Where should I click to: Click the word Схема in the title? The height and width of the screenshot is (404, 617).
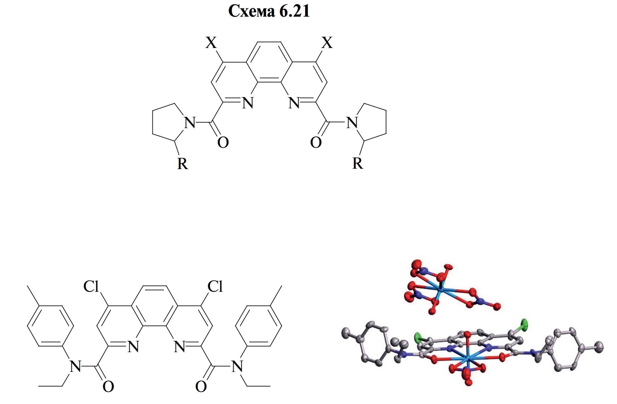tap(251, 12)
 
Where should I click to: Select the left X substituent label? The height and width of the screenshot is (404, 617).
tap(211, 43)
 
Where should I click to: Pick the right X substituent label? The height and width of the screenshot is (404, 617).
tap(327, 43)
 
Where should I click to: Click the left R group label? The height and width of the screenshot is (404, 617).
tap(183, 164)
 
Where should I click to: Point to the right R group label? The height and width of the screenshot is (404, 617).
tap(358, 163)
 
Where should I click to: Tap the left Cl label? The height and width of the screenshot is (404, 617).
tap(91, 287)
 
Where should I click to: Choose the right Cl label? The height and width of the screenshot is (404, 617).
tap(215, 287)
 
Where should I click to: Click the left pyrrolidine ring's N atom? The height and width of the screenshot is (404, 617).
tap(190, 123)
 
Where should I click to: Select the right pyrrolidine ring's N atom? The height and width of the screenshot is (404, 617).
tap(352, 123)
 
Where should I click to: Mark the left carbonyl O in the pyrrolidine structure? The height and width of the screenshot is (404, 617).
tap(223, 142)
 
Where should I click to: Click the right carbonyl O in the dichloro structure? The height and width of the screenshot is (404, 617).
tap(201, 387)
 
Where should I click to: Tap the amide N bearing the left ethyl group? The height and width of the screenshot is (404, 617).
tap(75, 367)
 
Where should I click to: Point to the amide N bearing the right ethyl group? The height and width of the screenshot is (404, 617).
tap(237, 367)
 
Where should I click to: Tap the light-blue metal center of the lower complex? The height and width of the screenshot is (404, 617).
tap(467, 358)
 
